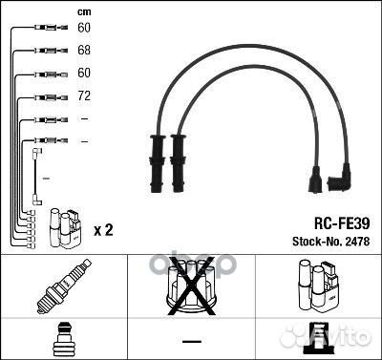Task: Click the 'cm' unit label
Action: (84, 12)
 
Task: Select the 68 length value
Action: (84, 50)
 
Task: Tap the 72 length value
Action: (84, 95)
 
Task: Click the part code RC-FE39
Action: (342, 223)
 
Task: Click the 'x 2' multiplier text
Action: (103, 230)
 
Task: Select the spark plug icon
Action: (64, 286)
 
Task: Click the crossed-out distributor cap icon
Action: (191, 286)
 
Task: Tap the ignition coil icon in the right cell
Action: (319, 286)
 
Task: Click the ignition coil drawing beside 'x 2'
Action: (65, 228)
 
